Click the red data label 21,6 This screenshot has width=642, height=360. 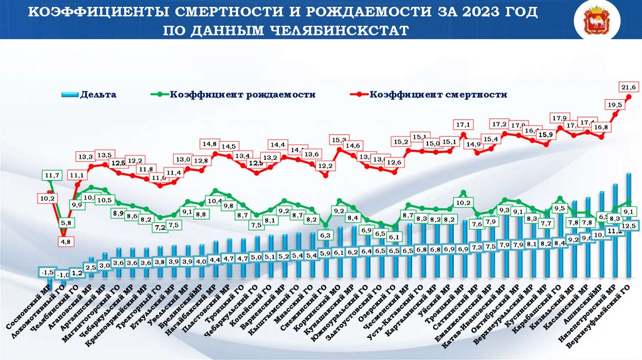point(628,86)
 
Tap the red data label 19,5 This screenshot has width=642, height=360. point(615,104)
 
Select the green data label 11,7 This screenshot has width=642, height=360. point(52,175)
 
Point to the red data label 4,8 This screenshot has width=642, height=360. point(66,241)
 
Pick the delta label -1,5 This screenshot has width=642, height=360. point(46,272)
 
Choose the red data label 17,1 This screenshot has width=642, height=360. point(463,124)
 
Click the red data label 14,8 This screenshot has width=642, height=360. point(210,144)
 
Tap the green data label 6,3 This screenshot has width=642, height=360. point(325,235)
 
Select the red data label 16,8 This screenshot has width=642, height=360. point(601,127)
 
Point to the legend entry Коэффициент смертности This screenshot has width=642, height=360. point(438,95)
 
